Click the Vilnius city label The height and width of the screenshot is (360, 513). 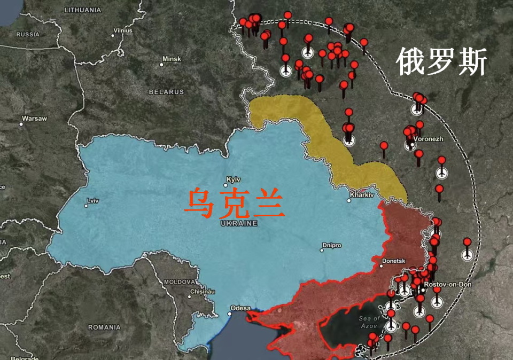point(122,30)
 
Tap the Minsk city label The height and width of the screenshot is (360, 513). point(172,59)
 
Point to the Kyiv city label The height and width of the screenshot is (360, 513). point(234,179)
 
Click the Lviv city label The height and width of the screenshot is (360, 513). point(92,200)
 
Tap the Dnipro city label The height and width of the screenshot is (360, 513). point(331,246)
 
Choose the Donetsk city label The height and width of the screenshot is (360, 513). point(393,261)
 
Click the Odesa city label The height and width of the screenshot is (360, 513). point(240,308)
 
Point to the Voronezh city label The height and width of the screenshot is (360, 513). point(429,139)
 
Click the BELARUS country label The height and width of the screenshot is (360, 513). point(166,92)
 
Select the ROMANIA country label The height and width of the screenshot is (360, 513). point(105,327)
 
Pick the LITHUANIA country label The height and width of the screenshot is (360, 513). point(82,10)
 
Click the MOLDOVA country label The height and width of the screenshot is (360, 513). point(179,281)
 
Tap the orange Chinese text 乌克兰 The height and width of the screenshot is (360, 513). point(234,203)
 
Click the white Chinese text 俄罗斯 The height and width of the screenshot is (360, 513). point(441,62)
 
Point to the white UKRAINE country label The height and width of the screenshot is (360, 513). point(239,223)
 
